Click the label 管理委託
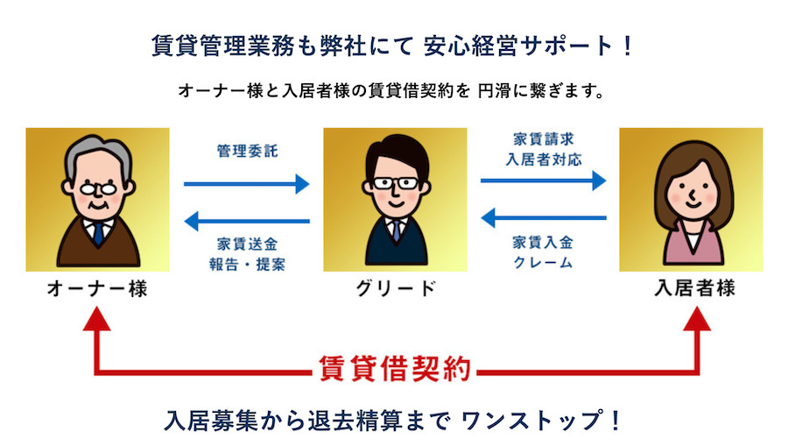point(247,151)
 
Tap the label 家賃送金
point(247,244)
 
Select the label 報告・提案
point(247,265)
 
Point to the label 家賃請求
point(543,138)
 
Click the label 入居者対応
point(543,159)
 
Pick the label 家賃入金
point(543,243)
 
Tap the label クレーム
point(543,263)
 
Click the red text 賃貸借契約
point(395,369)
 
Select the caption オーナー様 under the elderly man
point(97,288)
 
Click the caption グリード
point(396,288)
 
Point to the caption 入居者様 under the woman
point(695,288)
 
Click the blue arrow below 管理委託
point(247,184)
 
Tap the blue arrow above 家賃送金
point(247,221)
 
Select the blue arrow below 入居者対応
point(543,181)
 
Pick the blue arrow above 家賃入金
point(543,217)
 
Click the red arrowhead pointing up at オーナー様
point(97,321)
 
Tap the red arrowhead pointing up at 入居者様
point(697,321)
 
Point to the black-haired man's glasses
point(396,183)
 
